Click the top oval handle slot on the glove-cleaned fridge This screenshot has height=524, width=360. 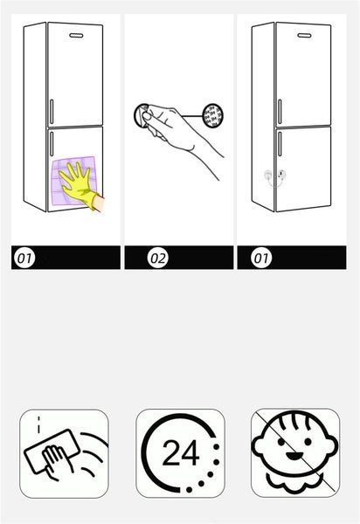tap(76, 35)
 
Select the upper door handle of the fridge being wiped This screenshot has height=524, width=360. tap(52, 111)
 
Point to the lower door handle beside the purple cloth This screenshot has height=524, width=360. tap(52, 143)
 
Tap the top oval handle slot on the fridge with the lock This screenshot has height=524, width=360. tap(304, 36)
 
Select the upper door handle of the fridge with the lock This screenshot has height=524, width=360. tap(280, 112)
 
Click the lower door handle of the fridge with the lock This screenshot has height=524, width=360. tap(280, 144)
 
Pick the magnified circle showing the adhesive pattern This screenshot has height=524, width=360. tap(213, 115)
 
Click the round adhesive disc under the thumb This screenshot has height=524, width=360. tap(141, 115)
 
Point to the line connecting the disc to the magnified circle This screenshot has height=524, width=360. tap(192, 116)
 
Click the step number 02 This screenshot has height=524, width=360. tap(158, 258)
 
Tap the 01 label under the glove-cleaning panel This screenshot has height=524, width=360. tap(24, 258)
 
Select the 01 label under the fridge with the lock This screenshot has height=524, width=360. tap(261, 258)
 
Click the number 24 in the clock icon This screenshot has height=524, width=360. tap(181, 452)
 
